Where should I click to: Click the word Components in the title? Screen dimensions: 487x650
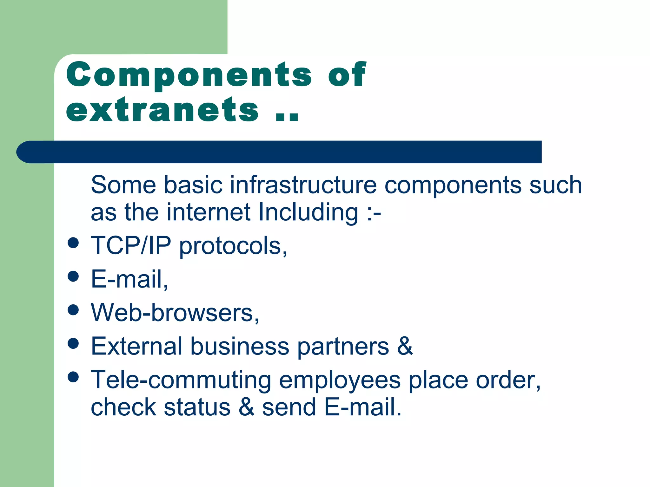click(189, 75)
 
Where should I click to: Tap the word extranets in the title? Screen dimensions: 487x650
click(162, 110)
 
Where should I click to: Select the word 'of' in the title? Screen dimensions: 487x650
click(347, 75)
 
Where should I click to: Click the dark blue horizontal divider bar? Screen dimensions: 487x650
click(279, 152)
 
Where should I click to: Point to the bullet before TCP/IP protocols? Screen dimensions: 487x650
click(73, 243)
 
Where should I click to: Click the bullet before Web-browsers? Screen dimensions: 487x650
click(73, 310)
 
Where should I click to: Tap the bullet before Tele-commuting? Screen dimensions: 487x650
click(73, 377)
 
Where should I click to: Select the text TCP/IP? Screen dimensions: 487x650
click(131, 245)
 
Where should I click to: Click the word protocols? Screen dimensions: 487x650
click(233, 247)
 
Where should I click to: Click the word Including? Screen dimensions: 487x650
click(308, 212)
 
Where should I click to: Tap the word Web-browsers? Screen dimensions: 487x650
click(175, 313)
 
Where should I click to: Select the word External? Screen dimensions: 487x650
click(136, 346)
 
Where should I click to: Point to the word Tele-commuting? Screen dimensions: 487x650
click(181, 380)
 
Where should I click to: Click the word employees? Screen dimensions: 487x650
click(340, 380)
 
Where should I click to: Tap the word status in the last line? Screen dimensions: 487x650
click(197, 407)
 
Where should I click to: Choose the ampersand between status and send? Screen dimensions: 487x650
click(246, 407)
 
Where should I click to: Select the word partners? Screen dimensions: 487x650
click(343, 347)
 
